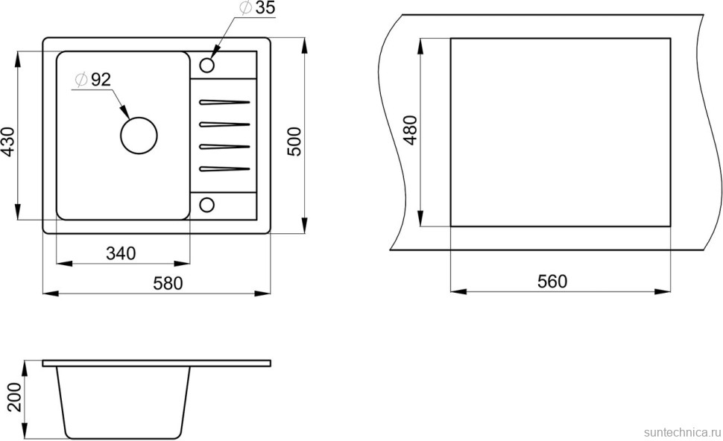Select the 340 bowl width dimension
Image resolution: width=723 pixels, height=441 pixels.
coord(121,253)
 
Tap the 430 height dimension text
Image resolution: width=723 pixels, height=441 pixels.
coord(8,142)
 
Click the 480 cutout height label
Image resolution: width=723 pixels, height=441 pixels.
coord(410,131)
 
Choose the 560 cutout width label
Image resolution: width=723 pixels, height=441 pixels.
coord(552,282)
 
